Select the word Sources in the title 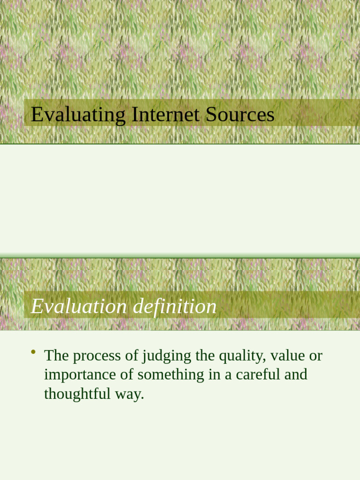[x=240, y=115]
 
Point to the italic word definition [x=175, y=307]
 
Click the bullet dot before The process [x=33, y=352]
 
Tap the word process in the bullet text [x=97, y=356]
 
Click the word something [x=165, y=375]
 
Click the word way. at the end [x=129, y=394]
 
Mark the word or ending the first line [x=315, y=356]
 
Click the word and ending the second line [x=295, y=375]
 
